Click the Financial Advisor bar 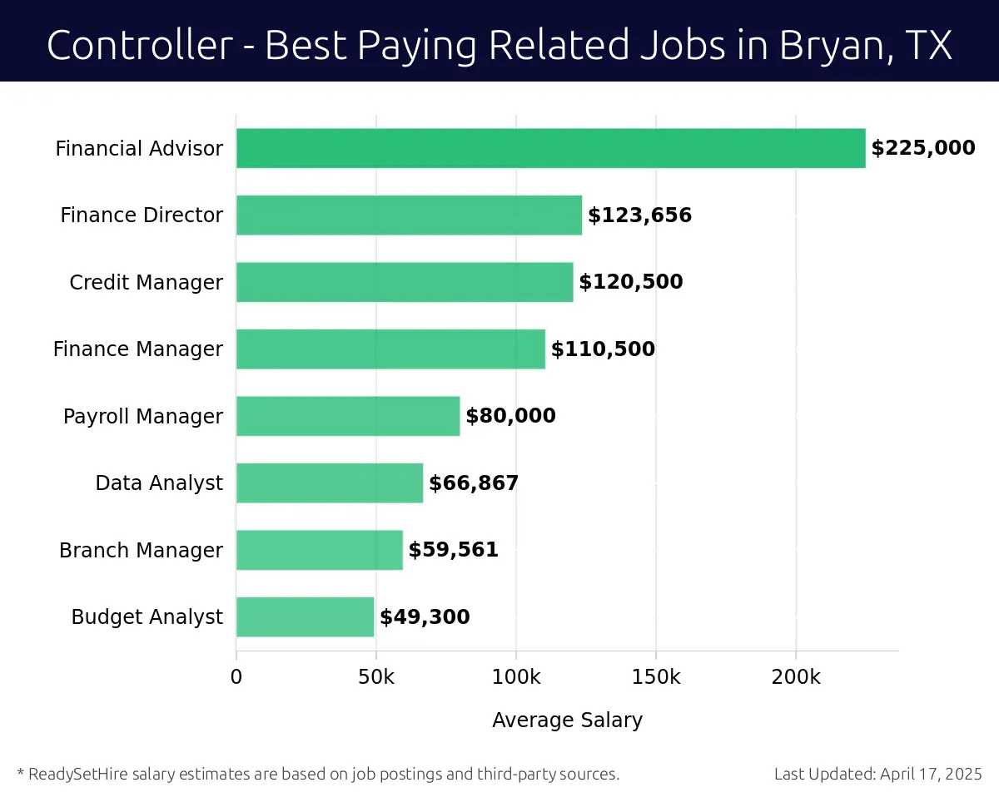550,148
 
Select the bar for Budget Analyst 305,616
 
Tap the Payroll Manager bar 348,415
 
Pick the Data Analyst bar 330,483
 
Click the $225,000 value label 922,148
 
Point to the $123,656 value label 639,215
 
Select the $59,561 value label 453,550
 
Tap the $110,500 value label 603,349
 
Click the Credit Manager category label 146,283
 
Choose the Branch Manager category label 141,551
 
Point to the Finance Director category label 142,215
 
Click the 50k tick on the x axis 376,677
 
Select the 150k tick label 656,677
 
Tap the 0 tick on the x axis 236,677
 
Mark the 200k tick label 796,677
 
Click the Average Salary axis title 567,720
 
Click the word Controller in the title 139,44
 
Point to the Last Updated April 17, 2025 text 877,774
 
